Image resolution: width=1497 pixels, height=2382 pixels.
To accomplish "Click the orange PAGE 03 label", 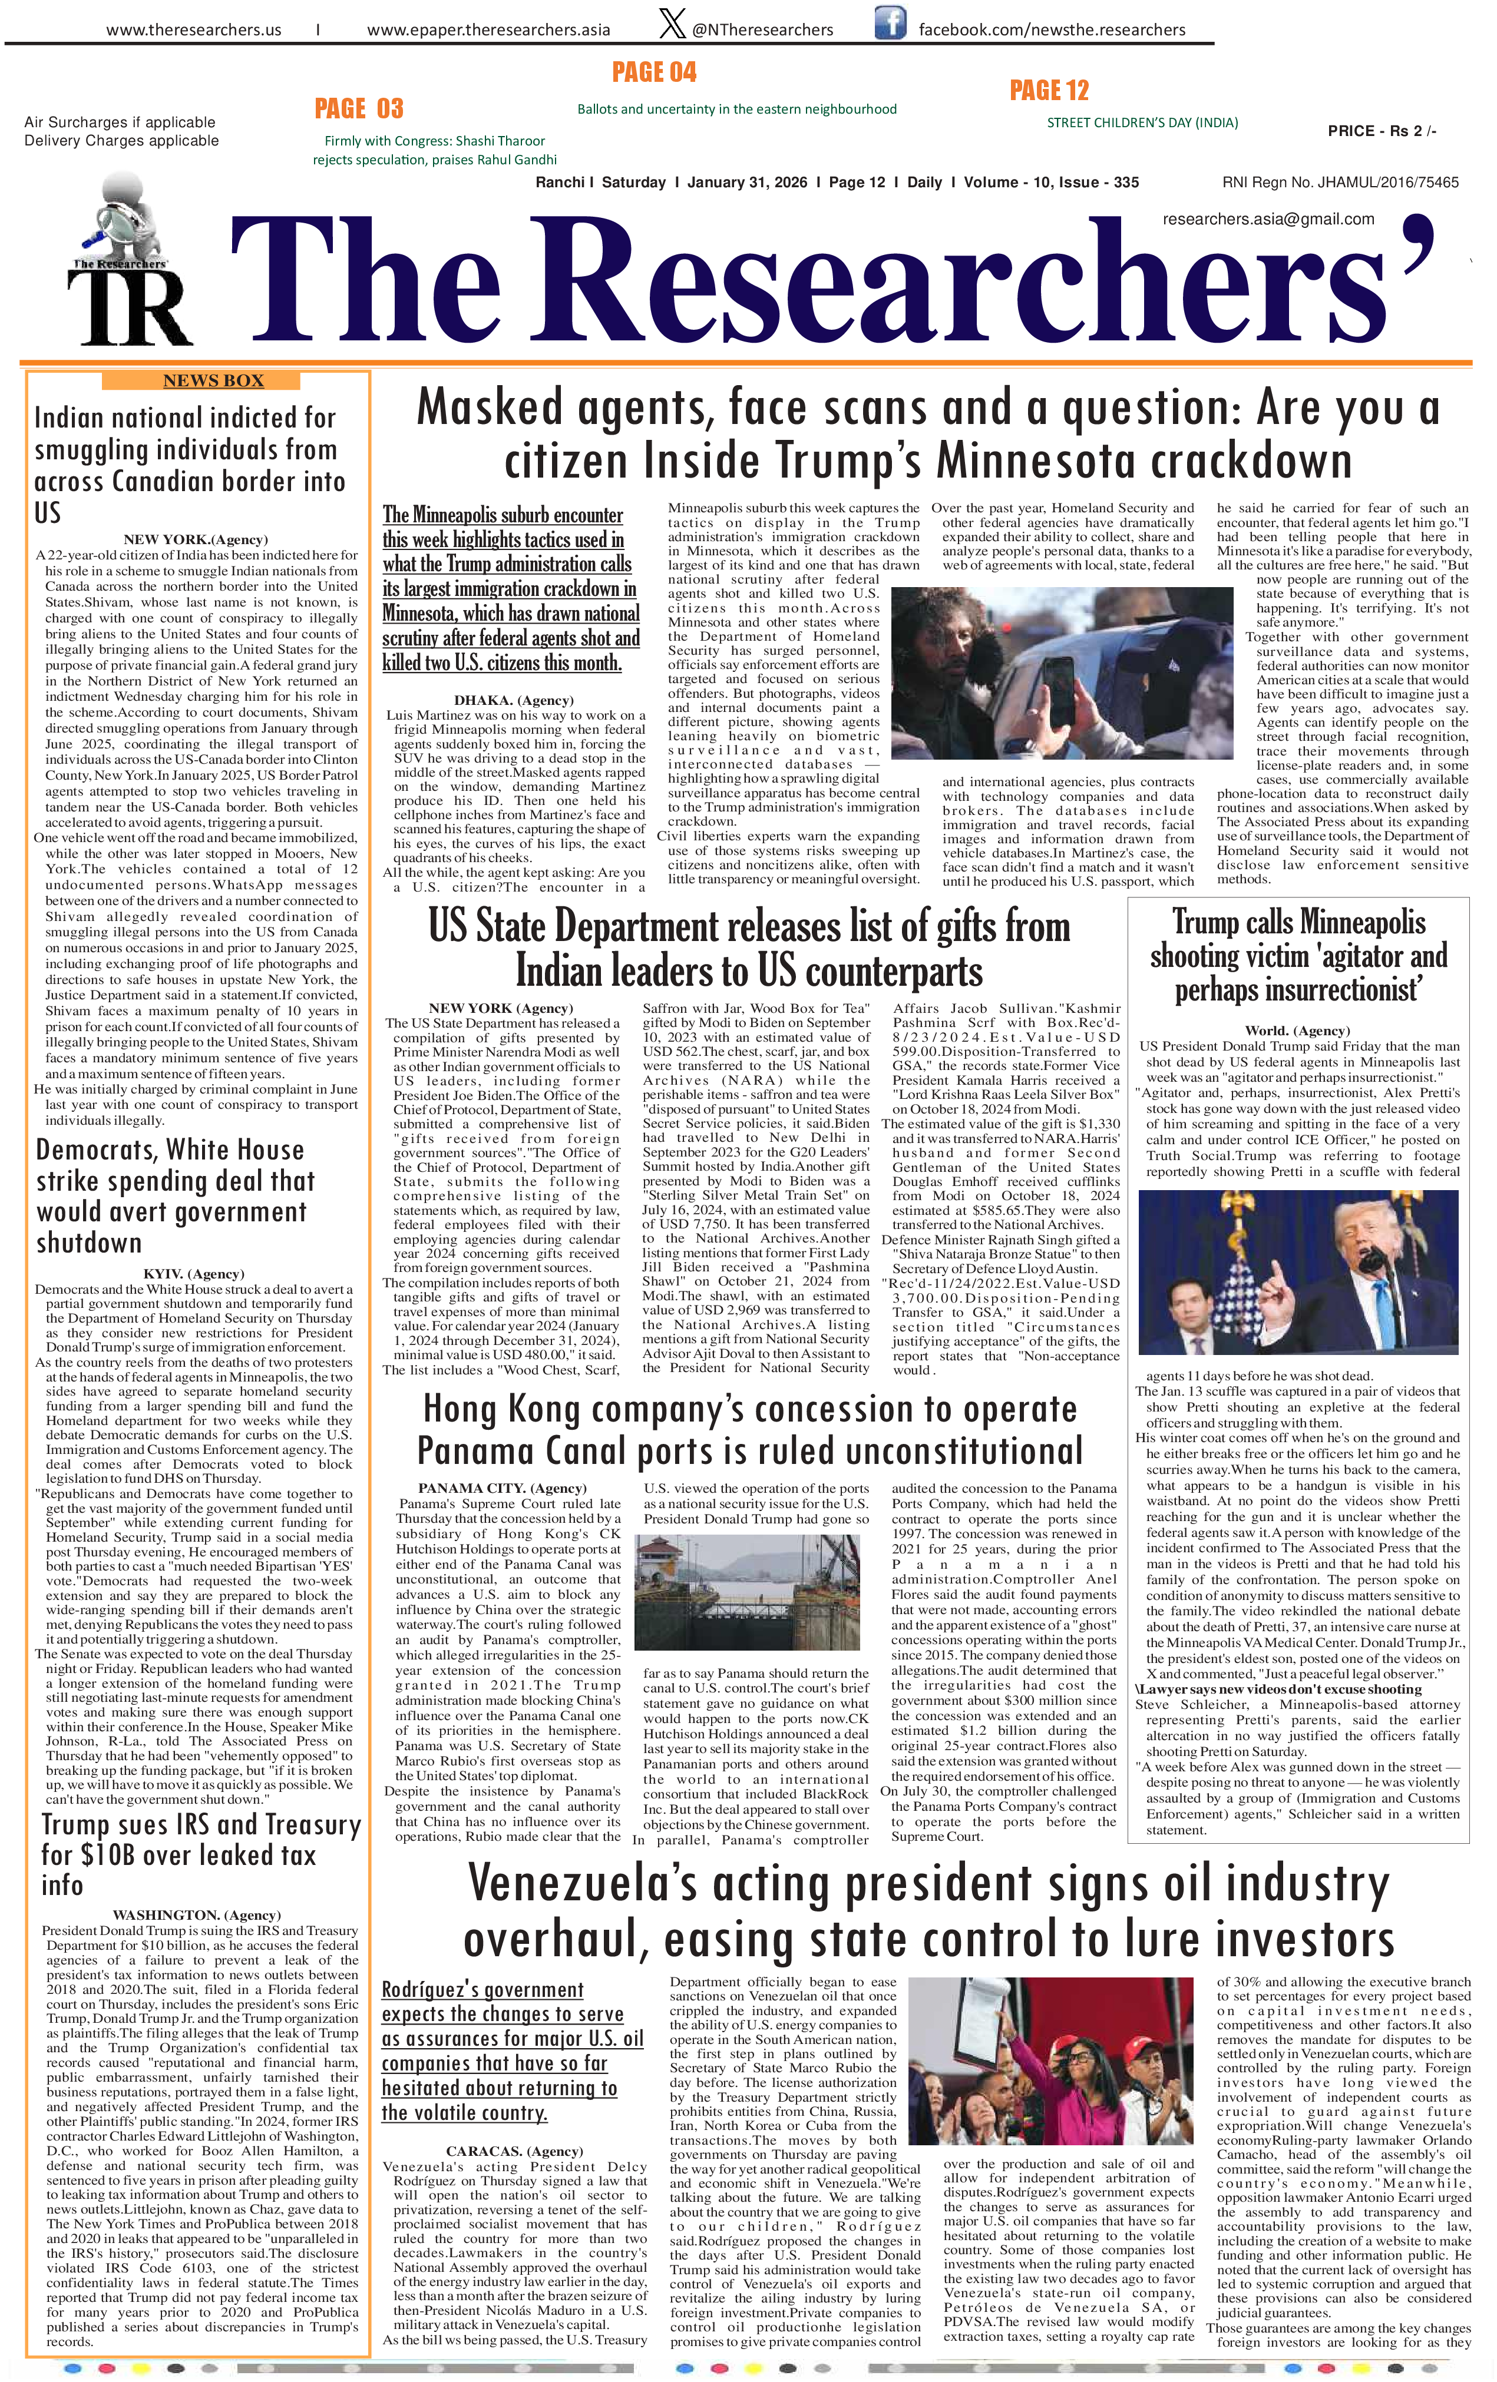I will [x=359, y=108].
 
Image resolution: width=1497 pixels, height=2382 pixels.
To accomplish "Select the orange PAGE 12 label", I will [x=1049, y=91].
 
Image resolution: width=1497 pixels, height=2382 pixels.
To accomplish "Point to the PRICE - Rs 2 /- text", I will [x=1382, y=131].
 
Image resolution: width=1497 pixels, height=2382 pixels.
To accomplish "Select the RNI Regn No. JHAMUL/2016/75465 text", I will [x=1340, y=182].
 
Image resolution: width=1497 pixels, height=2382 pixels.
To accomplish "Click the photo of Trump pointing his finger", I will [x=1297, y=1271].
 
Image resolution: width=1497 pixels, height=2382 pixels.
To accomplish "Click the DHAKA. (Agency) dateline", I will [x=514, y=700].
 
